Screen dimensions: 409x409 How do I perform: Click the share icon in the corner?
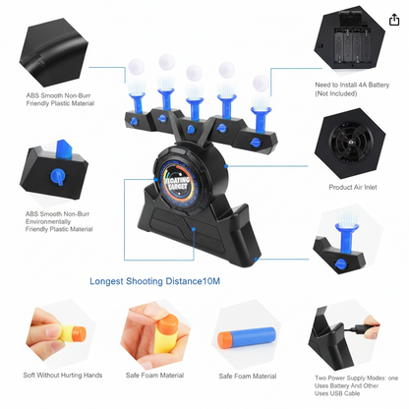pyautogui.click(x=394, y=20)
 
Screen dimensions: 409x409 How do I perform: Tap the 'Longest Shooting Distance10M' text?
pyautogui.click(x=154, y=281)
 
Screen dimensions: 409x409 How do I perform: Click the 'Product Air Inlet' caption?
pyautogui.click(x=353, y=187)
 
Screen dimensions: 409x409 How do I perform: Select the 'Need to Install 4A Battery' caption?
pyautogui.click(x=352, y=85)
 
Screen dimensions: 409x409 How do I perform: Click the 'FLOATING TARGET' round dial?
pyautogui.click(x=177, y=184)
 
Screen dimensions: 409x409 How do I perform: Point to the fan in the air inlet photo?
pyautogui.click(x=349, y=143)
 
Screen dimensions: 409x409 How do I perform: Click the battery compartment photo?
pyautogui.click(x=350, y=40)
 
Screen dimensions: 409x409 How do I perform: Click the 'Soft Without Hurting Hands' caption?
pyautogui.click(x=63, y=375)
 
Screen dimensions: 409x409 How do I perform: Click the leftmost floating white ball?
pyautogui.click(x=136, y=67)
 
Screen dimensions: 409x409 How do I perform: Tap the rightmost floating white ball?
pyautogui.click(x=261, y=83)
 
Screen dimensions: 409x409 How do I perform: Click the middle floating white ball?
pyautogui.click(x=195, y=73)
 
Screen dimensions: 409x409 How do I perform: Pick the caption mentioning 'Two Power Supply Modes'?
pyautogui.click(x=356, y=385)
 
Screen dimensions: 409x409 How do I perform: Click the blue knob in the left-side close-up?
pyautogui.click(x=58, y=177)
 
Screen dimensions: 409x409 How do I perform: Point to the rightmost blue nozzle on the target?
pyautogui.click(x=261, y=119)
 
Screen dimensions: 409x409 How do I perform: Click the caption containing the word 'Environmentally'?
pyautogui.click(x=59, y=221)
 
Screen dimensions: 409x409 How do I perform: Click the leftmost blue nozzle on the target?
pyautogui.click(x=137, y=103)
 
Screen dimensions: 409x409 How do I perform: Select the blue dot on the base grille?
pyautogui.click(x=194, y=229)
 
